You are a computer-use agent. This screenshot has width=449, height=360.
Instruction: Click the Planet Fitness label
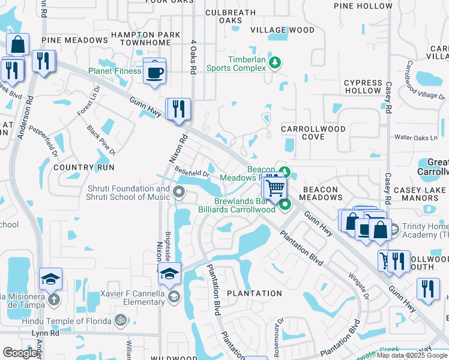(115, 71)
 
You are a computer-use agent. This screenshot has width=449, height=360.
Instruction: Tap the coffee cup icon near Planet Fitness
(155, 72)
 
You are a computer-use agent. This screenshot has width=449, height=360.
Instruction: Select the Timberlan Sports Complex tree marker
(276, 62)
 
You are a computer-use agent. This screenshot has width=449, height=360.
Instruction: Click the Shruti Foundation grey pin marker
(178, 193)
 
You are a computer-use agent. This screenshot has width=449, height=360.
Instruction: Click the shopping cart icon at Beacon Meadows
(275, 188)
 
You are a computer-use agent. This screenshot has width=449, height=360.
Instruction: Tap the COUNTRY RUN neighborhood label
(83, 167)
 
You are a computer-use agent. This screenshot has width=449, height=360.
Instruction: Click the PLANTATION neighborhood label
(254, 293)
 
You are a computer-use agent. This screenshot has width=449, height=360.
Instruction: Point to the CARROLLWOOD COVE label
(314, 133)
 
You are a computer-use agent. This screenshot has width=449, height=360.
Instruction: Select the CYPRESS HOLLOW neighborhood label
(363, 86)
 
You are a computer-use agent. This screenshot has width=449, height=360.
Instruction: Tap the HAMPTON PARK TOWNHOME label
(149, 39)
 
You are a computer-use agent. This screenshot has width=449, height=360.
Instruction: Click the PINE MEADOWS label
(74, 40)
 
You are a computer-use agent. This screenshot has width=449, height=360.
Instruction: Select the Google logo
(19, 353)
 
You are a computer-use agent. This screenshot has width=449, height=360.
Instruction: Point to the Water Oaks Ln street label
(416, 137)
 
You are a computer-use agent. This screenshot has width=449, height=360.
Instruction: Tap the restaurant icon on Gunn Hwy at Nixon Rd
(178, 110)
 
